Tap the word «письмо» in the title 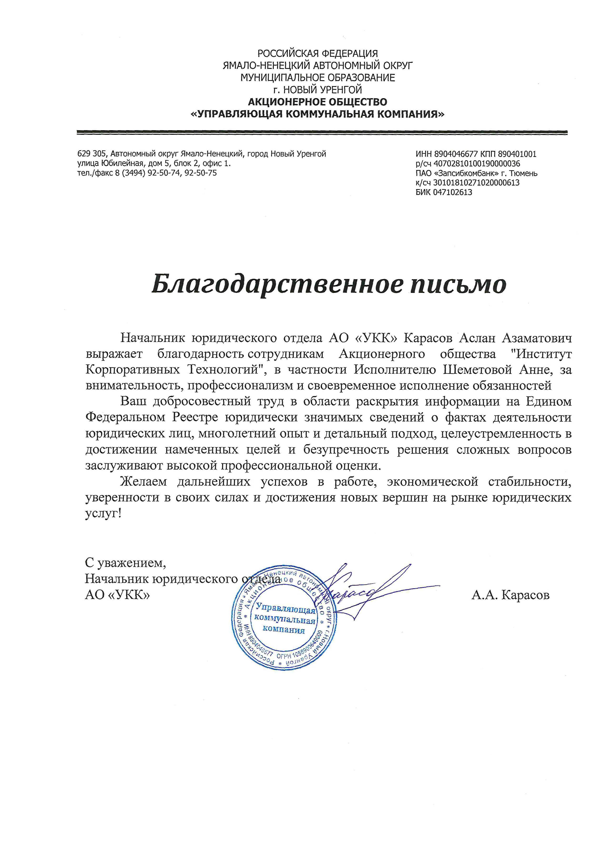(457, 285)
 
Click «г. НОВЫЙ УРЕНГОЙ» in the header (317, 89)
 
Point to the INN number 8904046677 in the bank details (456, 154)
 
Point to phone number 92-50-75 (202, 173)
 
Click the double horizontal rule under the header (322, 132)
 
